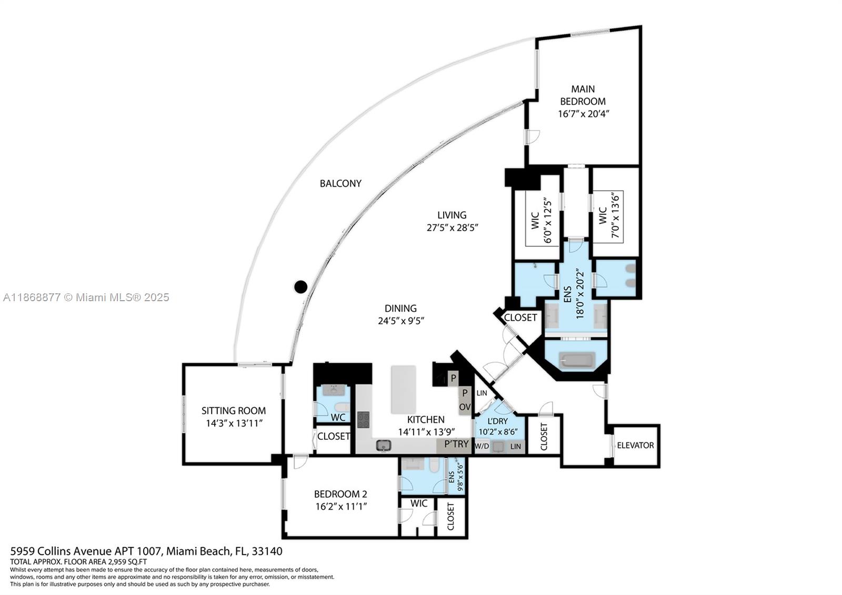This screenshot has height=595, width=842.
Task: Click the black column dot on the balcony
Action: point(300,287)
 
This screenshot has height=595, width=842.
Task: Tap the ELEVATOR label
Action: point(635,445)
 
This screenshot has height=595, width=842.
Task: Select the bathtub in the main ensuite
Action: point(577,360)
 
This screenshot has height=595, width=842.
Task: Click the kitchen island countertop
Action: point(403,389)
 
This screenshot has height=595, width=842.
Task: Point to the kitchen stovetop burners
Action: point(363,420)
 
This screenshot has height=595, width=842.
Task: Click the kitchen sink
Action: point(384,446)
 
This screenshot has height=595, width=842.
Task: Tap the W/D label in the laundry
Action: point(482,447)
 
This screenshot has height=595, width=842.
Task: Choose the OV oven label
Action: point(465,407)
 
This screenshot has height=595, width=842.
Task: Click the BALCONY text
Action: point(340,183)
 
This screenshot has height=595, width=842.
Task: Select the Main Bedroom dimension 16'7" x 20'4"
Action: point(583,114)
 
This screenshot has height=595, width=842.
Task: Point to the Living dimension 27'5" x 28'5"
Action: point(452,227)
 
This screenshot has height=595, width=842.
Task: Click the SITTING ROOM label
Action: point(234,410)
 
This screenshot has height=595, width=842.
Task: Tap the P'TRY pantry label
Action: point(456,444)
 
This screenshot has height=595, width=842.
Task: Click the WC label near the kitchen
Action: point(338,418)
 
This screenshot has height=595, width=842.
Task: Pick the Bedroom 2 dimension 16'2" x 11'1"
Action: point(341,507)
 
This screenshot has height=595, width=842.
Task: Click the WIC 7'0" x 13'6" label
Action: point(609,216)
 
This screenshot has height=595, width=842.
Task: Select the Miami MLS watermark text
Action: point(86,297)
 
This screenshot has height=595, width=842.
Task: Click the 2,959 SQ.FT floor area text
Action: point(127,562)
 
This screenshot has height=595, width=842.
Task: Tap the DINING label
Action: point(400,309)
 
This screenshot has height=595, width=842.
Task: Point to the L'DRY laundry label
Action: point(497,421)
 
